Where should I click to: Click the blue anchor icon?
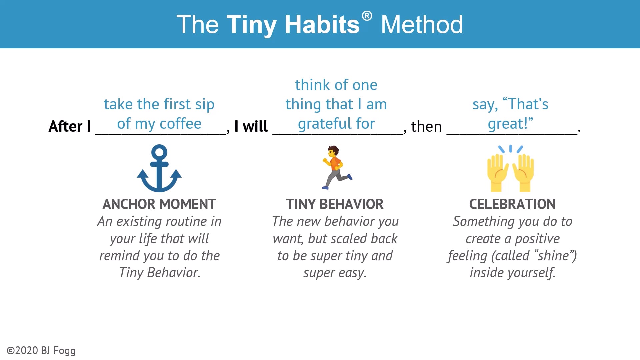pos(159,168)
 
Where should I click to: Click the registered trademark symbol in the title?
pos(367,16)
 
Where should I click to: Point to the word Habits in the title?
pos(322,25)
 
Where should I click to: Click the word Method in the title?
pos(422,25)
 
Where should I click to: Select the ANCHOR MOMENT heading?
pos(159,204)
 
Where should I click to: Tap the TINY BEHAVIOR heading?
pos(335,204)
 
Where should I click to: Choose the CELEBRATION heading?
pos(512,204)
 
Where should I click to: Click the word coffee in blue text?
pos(181,124)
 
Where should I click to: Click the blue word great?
pos(510,124)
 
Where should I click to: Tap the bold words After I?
pos(70,127)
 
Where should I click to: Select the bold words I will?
pos(251,127)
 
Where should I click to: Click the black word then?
pos(426,127)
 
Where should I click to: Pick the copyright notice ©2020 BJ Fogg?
pos(41,351)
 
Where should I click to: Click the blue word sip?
pos(205,104)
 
